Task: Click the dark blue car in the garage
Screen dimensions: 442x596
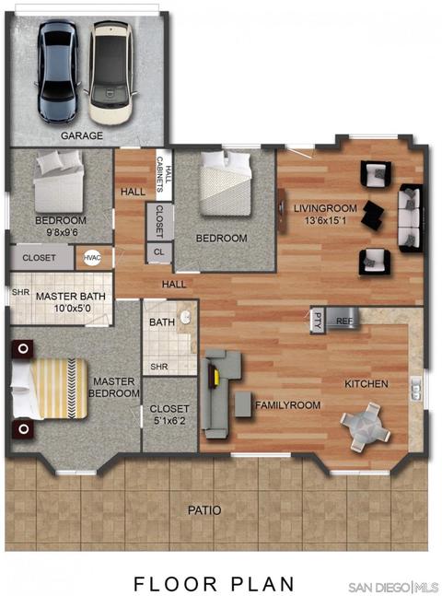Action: click(x=58, y=72)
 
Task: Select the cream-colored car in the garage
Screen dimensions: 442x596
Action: click(x=111, y=73)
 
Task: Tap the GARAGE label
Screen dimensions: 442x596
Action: click(x=82, y=135)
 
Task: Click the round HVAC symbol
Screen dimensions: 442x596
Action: click(x=92, y=258)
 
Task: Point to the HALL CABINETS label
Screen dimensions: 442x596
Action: click(x=164, y=174)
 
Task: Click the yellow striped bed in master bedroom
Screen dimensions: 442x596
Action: click(x=49, y=389)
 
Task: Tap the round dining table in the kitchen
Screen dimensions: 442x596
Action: click(x=366, y=427)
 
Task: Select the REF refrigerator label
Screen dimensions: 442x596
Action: click(x=344, y=321)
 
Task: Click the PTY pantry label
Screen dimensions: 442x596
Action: click(x=318, y=321)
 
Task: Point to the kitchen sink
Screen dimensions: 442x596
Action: click(x=416, y=388)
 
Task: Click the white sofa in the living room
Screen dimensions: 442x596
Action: click(x=410, y=217)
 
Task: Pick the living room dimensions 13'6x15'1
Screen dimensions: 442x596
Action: click(x=325, y=220)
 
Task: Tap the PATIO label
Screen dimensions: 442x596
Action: click(x=204, y=510)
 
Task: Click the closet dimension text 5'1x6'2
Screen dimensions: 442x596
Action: click(x=169, y=420)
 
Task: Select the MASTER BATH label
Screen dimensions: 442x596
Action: click(x=71, y=297)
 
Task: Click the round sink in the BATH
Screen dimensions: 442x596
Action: click(x=185, y=318)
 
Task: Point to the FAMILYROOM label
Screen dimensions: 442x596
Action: click(x=287, y=405)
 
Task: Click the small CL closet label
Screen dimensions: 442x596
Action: click(x=159, y=252)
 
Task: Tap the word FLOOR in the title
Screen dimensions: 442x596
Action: click(x=176, y=583)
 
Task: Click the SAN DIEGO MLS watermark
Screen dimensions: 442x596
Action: click(x=393, y=587)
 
